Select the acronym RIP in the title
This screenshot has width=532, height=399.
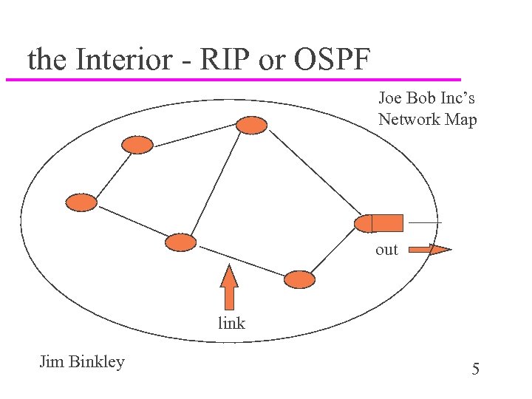pos(219,59)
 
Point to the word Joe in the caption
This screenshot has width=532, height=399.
pos(392,97)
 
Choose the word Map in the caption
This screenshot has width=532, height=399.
pos(461,119)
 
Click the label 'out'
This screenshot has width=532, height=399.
pos(386,250)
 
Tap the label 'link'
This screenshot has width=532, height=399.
pos(231,323)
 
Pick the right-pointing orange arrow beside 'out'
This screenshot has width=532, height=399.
pos(429,250)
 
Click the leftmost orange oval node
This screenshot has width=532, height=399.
pos(81,202)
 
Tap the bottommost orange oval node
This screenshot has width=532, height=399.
pos(299,279)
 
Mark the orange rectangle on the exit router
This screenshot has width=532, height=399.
pos(387,222)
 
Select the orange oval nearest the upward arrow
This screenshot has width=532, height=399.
pos(180,242)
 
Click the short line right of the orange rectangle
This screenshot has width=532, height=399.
pos(426,222)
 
